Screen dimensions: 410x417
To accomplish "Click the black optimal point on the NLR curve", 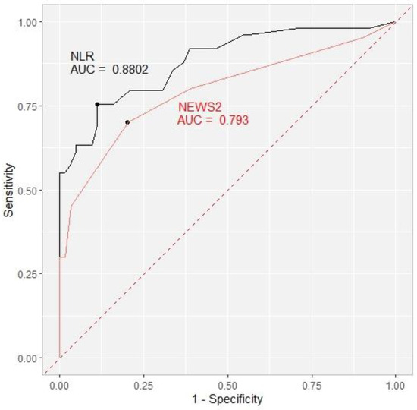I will [97, 104].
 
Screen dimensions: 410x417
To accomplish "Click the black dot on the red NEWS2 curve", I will [127, 121].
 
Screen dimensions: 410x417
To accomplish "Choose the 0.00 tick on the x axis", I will [59, 385].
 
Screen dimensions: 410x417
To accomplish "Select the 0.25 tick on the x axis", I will [143, 385].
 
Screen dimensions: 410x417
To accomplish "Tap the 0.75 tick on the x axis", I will [311, 385].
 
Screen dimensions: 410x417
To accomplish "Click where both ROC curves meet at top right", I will [394, 22].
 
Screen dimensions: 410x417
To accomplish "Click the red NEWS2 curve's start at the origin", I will [59, 357].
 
